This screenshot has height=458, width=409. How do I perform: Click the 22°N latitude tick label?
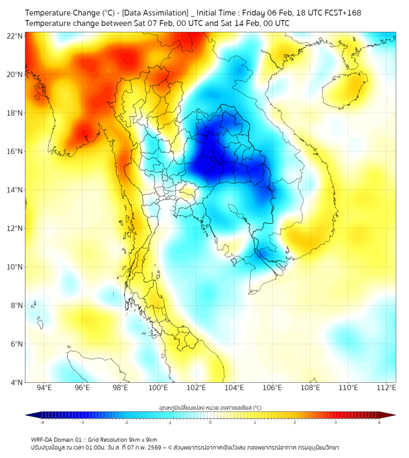(x=15, y=36)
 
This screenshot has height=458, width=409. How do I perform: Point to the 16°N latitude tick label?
(x=15, y=151)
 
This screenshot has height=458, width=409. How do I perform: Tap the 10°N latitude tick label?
(x=15, y=267)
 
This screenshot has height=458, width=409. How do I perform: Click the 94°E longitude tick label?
(x=44, y=388)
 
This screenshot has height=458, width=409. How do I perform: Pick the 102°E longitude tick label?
(x=196, y=388)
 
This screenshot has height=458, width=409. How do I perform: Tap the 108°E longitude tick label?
(x=310, y=388)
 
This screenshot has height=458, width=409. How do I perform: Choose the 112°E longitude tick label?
(x=387, y=388)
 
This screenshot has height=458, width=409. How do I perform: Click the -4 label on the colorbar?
(x=42, y=422)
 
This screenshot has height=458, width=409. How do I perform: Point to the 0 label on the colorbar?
(x=211, y=422)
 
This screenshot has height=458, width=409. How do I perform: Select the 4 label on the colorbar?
(x=379, y=422)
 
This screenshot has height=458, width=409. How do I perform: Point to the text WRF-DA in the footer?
(x=42, y=439)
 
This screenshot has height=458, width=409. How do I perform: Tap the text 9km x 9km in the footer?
(x=142, y=439)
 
